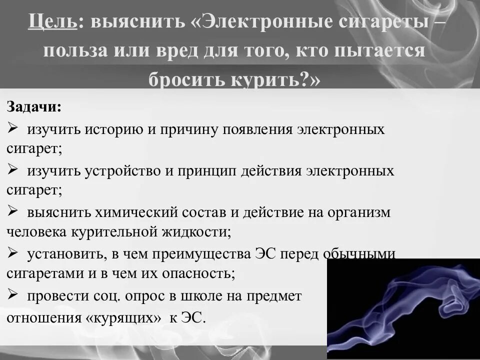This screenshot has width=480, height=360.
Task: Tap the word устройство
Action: (x=125, y=171)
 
